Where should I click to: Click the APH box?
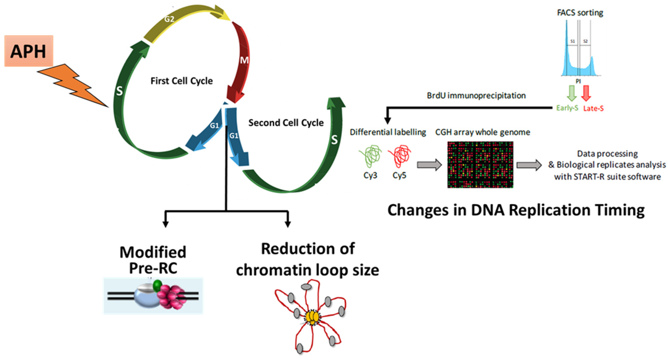click(29, 51)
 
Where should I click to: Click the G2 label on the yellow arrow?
click(169, 19)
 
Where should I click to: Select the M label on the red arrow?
click(244, 60)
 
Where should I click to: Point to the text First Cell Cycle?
click(182, 81)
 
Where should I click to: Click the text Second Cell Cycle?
click(286, 123)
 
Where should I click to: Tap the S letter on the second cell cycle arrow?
click(334, 140)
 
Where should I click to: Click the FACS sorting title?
click(580, 13)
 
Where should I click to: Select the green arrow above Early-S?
click(571, 93)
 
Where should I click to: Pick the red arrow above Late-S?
click(586, 93)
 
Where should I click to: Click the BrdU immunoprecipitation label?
click(476, 95)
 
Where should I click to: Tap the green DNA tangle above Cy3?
click(370, 156)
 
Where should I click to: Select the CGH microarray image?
click(480, 164)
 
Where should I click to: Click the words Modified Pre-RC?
click(153, 260)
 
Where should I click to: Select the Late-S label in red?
click(593, 108)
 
